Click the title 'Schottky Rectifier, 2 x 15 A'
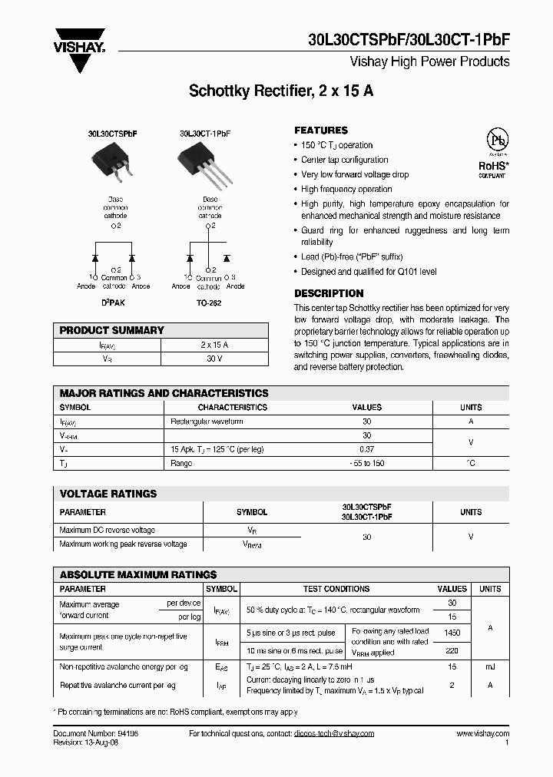[x=281, y=91]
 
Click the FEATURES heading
[x=321, y=131]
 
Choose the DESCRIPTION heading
[x=329, y=293]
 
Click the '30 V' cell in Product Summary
[x=214, y=359]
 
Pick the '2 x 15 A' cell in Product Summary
[x=214, y=345]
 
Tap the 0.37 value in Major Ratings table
[x=366, y=449]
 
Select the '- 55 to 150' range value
[x=366, y=463]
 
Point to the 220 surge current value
[x=452, y=650]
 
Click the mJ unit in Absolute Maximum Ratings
[x=490, y=667]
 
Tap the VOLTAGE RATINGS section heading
[x=108, y=494]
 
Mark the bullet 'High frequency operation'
[x=346, y=189]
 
